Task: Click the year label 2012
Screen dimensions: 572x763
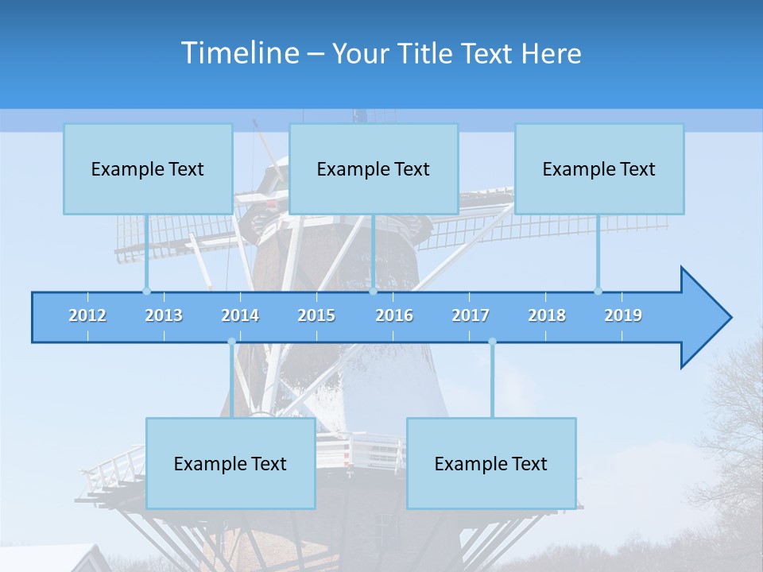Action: tap(87, 315)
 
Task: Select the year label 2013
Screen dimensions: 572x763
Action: tap(164, 315)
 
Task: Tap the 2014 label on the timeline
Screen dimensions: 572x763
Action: tap(240, 315)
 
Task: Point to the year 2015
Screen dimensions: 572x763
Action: tap(316, 315)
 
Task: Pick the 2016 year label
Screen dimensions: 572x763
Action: tap(394, 315)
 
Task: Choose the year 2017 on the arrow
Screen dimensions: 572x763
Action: tap(471, 315)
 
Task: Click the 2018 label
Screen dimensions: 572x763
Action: tap(547, 315)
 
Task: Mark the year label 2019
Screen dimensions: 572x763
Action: tap(623, 315)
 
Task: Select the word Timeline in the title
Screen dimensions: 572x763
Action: tap(238, 52)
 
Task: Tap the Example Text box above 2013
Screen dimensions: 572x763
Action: tap(148, 168)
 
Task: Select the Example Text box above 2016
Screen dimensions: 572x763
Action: tap(374, 168)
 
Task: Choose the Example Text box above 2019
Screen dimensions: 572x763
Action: tap(599, 168)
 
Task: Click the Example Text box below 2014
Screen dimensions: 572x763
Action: tap(230, 463)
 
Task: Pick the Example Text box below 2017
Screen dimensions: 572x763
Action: tap(491, 463)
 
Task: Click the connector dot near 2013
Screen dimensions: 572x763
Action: tap(146, 291)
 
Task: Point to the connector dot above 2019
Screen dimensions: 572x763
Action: tap(598, 291)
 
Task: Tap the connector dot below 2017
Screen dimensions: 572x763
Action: tap(492, 342)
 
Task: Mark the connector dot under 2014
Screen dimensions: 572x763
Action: tap(231, 342)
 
